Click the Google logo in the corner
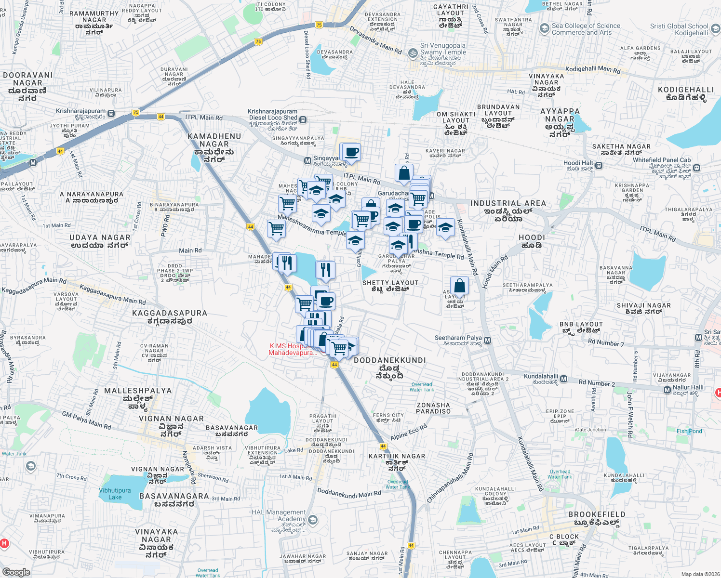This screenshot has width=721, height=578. point(16,572)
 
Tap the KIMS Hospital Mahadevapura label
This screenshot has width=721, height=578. point(293,350)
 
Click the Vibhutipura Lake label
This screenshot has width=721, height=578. point(115,494)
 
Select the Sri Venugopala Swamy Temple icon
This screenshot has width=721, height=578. point(413,53)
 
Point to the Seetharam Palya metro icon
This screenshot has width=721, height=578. point(487,341)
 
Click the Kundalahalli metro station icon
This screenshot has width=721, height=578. point(564,379)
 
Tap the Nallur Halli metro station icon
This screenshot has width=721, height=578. point(667,390)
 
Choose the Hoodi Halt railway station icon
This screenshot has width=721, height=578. point(599,166)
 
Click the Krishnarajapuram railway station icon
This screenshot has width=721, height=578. point(111,114)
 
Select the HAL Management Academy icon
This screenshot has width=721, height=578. point(313,520)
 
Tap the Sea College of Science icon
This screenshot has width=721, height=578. point(544,28)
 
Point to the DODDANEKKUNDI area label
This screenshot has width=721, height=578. point(389,360)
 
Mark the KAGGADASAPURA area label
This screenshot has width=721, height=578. point(170,314)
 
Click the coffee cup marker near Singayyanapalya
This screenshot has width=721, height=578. point(351,152)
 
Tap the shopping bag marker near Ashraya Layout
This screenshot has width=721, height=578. point(460,286)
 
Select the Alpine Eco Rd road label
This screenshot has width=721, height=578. point(409,432)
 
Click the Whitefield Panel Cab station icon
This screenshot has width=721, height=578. point(697,168)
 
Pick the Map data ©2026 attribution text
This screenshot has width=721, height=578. point(700,574)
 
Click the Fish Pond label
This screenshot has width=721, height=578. point(689,431)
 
